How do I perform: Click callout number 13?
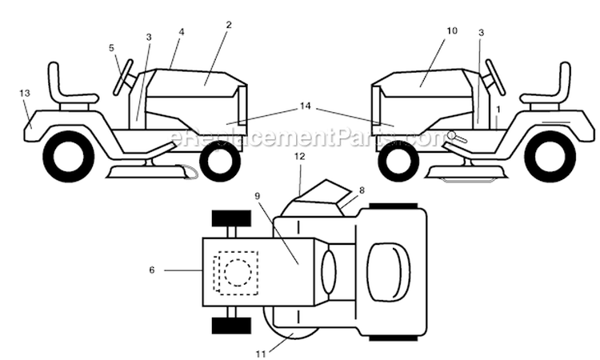tap(25, 93)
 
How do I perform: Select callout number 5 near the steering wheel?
tap(111, 48)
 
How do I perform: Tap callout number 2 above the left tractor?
tap(229, 25)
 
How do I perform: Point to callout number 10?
tap(452, 30)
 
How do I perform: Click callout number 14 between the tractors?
tap(305, 106)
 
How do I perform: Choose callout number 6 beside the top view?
tap(152, 270)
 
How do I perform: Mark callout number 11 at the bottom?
tap(261, 354)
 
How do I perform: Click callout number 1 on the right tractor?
tap(498, 110)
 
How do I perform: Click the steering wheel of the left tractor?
tap(123, 78)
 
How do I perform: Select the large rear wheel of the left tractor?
tap(69, 156)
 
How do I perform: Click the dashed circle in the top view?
tap(238, 272)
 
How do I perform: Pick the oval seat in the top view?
tap(388, 272)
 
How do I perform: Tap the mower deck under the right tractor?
tap(466, 173)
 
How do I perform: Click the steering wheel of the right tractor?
tap(495, 78)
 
